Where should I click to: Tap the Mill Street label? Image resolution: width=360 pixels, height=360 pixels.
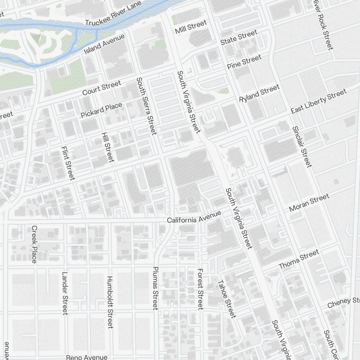click(191, 27)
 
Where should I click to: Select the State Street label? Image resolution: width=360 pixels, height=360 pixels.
click(239, 37)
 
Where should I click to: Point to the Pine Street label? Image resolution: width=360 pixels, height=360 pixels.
click(244, 62)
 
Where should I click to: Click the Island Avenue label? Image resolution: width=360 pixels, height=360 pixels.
click(104, 44)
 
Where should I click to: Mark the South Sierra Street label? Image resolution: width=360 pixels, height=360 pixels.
click(147, 106)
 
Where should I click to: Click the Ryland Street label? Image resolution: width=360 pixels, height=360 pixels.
click(259, 93)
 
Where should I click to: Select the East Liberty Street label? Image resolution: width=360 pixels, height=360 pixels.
click(319, 101)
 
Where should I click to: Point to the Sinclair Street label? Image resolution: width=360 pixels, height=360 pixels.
click(302, 147)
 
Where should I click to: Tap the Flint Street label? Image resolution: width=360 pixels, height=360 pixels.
click(68, 163)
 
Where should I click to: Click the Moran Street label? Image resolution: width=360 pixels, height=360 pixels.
click(309, 203)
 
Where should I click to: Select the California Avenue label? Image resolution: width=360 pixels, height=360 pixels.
click(194, 217)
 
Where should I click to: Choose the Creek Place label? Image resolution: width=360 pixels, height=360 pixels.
click(35, 244)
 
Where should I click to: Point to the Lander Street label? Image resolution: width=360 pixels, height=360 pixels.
click(65, 293)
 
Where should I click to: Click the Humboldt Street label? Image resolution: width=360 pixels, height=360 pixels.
click(110, 302)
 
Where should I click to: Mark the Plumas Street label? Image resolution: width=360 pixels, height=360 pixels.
click(156, 288)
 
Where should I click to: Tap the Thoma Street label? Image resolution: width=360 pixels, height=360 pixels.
click(299, 260)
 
